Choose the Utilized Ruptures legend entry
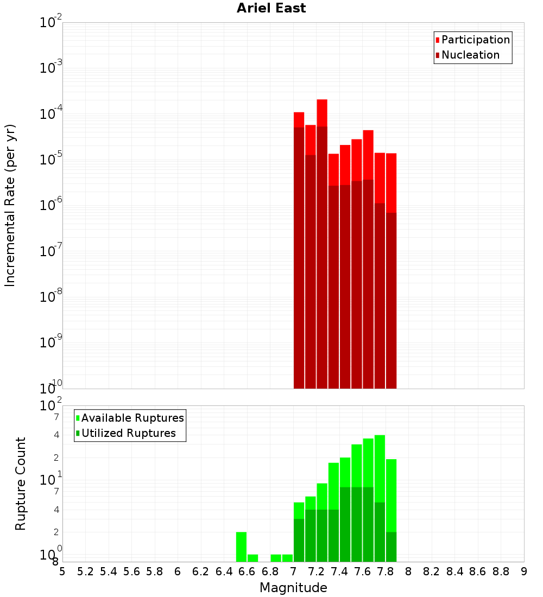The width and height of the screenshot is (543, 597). [128, 433]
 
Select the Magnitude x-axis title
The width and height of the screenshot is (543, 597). [293, 587]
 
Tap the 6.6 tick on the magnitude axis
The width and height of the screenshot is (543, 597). [247, 571]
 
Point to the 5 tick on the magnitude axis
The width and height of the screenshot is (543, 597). [62, 571]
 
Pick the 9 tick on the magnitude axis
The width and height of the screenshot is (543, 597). [524, 571]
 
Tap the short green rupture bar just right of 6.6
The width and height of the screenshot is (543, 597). [252, 558]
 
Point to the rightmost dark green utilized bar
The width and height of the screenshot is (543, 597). [391, 547]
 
